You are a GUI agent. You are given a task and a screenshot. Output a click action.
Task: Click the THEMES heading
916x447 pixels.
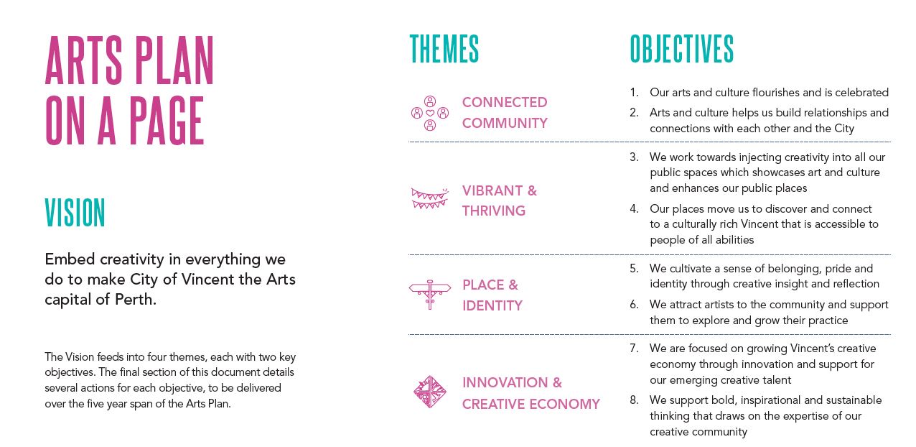[x=444, y=49]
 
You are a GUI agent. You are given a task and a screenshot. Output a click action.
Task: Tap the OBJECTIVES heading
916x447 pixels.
[x=682, y=49]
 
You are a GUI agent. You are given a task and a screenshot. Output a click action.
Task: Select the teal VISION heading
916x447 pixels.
[x=75, y=213]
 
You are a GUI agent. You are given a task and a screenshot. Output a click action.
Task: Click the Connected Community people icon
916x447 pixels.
[x=430, y=113]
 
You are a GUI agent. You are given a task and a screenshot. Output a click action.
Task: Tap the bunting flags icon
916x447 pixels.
[x=430, y=198]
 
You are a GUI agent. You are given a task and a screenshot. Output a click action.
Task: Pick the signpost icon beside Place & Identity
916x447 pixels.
[x=430, y=295]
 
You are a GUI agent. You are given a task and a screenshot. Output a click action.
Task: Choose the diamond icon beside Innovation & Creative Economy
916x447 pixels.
[x=430, y=392]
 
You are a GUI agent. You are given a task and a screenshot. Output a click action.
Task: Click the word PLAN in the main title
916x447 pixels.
[x=174, y=60]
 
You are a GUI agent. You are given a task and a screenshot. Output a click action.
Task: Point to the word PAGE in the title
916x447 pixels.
[x=167, y=121]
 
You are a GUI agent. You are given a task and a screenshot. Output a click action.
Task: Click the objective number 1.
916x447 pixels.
[x=634, y=93]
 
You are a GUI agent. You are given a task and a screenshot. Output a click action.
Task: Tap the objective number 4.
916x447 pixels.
[x=634, y=208]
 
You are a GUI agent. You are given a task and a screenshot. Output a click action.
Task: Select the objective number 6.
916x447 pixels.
[x=634, y=305]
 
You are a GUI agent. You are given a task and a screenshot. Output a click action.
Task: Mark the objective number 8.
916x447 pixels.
[x=634, y=400]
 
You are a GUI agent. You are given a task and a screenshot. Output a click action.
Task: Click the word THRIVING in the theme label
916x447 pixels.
[x=494, y=211]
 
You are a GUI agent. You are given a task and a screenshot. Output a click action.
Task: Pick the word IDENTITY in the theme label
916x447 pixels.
[x=492, y=305]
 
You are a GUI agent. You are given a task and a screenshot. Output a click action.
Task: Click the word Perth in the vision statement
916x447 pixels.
[x=136, y=300]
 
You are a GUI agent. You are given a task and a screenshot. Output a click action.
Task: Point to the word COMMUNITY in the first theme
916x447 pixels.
[x=505, y=123]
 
